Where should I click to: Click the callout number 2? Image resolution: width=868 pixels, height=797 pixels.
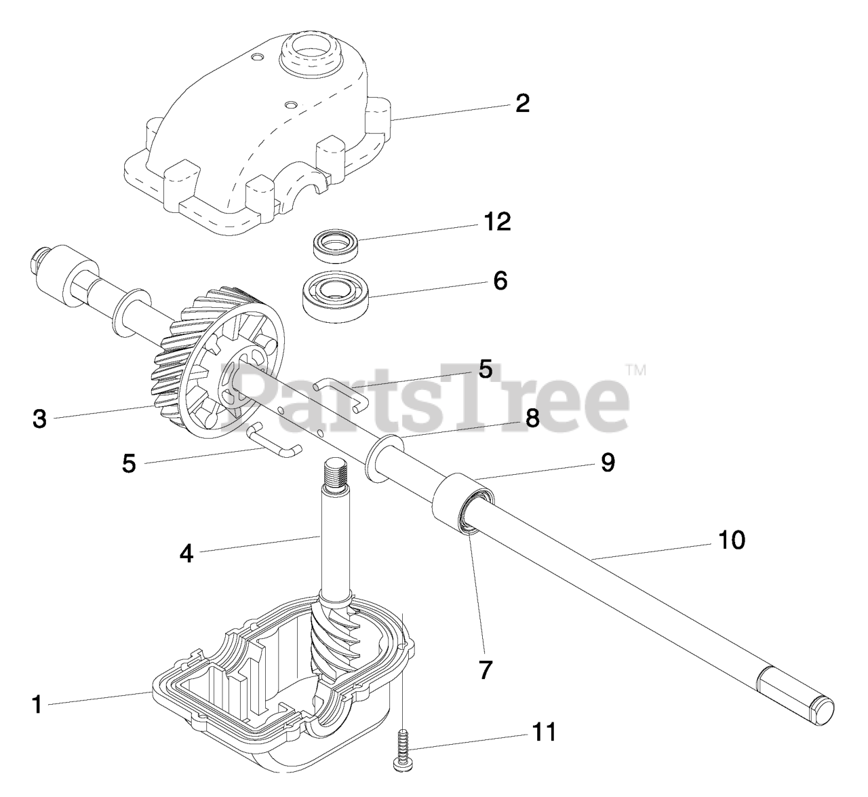[x=522, y=104]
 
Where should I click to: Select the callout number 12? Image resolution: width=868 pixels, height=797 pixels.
[x=498, y=221]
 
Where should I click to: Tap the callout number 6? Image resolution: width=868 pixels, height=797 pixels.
[x=500, y=280]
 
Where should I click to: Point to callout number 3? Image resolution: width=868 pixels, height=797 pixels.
[x=40, y=419]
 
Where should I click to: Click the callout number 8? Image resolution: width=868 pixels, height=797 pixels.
[x=532, y=419]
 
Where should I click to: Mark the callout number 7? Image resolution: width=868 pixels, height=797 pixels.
[x=484, y=670]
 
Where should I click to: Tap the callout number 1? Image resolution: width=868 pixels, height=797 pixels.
[x=37, y=705]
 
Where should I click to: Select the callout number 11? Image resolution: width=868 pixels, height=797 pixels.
[x=543, y=732]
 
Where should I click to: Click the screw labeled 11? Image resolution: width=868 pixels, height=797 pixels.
[x=401, y=749]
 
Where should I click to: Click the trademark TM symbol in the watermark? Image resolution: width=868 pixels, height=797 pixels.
[x=635, y=370]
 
